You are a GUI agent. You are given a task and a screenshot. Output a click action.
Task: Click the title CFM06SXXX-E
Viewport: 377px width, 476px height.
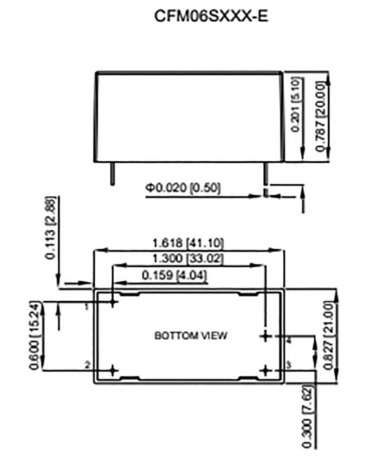click(x=211, y=16)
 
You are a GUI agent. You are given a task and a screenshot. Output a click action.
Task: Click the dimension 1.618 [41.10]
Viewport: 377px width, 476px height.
click(x=188, y=243)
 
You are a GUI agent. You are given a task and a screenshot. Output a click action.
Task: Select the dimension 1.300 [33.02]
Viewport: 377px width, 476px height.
click(x=188, y=259)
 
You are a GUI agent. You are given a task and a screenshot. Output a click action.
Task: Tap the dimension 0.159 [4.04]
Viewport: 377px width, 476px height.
click(x=175, y=275)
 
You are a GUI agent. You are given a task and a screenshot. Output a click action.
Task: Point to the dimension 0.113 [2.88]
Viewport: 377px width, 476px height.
click(x=51, y=228)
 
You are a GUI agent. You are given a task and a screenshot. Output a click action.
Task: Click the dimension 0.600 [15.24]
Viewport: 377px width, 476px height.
click(x=34, y=336)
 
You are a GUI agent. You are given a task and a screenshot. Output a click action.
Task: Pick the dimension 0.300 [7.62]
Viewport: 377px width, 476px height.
click(x=307, y=416)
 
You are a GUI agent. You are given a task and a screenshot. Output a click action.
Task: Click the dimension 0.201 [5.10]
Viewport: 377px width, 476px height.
click(x=295, y=105)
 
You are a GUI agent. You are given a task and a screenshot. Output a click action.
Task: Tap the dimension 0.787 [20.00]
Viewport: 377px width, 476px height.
click(x=320, y=117)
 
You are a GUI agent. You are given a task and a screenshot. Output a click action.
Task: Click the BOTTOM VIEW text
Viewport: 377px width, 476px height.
click(x=191, y=336)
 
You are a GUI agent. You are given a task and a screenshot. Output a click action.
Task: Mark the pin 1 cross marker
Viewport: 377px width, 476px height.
click(x=113, y=303)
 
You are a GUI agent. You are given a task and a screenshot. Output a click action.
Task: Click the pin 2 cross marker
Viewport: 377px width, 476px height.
click(x=113, y=370)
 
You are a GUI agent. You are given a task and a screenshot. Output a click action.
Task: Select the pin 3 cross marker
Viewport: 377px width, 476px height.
click(x=266, y=370)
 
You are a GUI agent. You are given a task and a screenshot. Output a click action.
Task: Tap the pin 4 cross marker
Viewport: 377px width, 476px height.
click(x=266, y=336)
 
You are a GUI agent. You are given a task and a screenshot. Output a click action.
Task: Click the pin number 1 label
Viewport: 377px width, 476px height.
click(x=87, y=307)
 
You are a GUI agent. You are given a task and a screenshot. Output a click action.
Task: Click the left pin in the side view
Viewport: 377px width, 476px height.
click(x=112, y=173)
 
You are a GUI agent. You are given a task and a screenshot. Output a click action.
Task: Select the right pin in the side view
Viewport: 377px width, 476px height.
click(x=266, y=173)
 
